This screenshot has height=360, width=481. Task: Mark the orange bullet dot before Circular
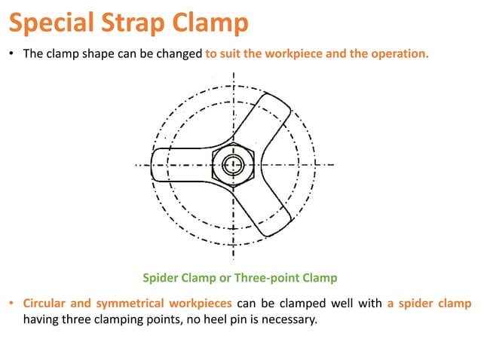pos(12,304)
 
